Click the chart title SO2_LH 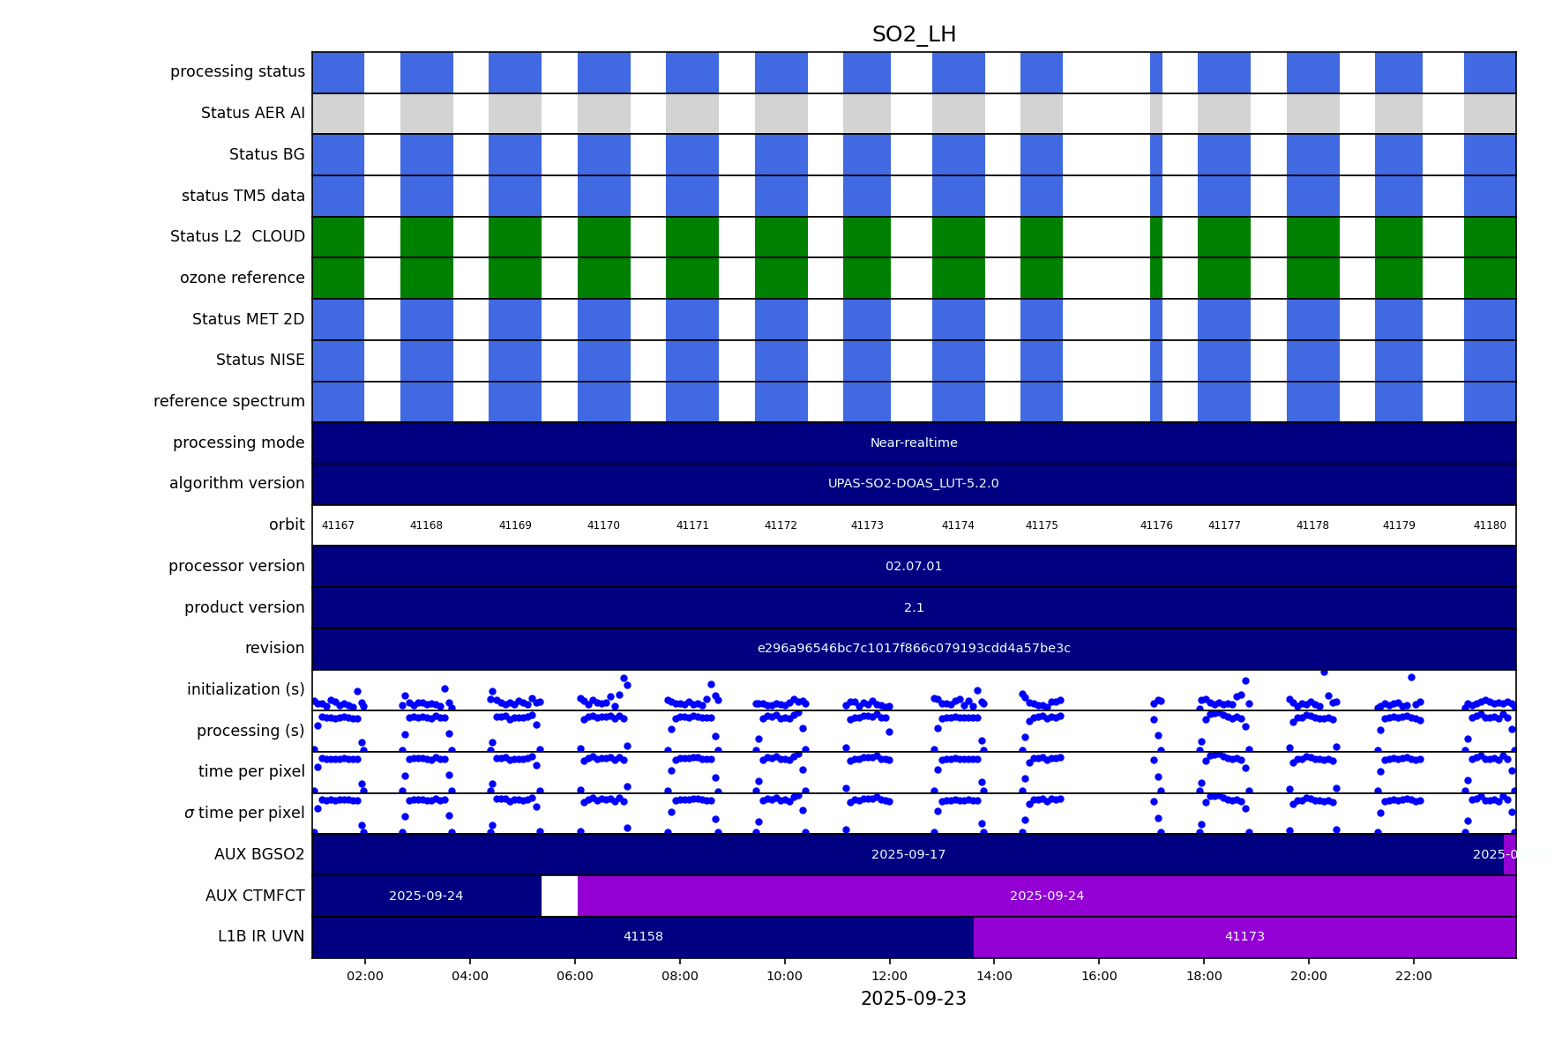(914, 35)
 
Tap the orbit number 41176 (1156, 525)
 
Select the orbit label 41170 (603, 525)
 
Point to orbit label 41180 (1490, 525)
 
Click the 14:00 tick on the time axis (994, 976)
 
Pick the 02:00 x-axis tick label (365, 976)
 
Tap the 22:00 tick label (1413, 976)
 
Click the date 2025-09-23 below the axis (914, 999)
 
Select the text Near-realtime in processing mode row (914, 443)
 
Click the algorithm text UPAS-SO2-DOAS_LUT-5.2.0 (914, 484)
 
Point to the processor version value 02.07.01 (914, 567)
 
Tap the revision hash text (914, 649)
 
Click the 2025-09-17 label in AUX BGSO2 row (908, 855)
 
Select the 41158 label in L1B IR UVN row (643, 937)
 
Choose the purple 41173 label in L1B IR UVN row (1244, 937)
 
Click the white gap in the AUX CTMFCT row (559, 896)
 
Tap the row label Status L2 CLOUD (237, 237)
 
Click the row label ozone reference (242, 279)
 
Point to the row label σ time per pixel (244, 814)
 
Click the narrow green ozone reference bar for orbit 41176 (1156, 279)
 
